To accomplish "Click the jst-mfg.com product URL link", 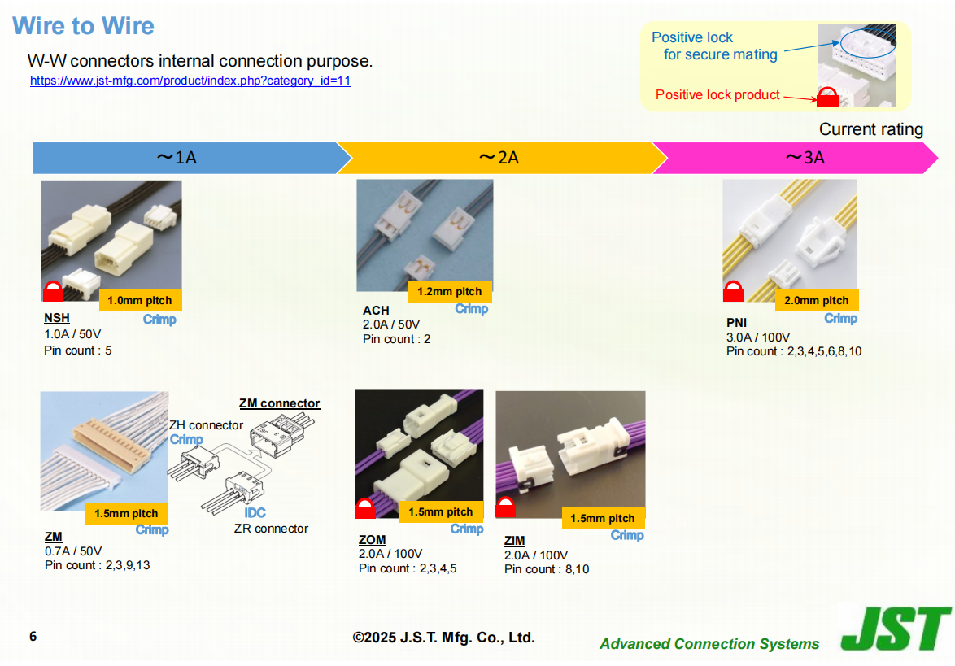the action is tap(190, 81).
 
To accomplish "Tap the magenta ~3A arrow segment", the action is tap(795, 158).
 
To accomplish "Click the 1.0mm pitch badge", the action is tap(140, 300).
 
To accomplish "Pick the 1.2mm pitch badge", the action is tap(450, 292).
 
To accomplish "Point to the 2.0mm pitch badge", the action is tap(816, 300).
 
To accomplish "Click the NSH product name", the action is tap(57, 318).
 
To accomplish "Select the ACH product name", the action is tap(376, 311).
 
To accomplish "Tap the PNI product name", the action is tap(736, 323).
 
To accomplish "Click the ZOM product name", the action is tap(372, 540).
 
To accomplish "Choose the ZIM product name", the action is tap(515, 541).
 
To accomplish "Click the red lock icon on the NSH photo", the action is tap(53, 291).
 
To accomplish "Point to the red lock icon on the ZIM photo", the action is tap(505, 507).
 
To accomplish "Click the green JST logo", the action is tap(896, 629).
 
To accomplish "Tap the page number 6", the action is tap(33, 636).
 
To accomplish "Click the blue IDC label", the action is tap(255, 512).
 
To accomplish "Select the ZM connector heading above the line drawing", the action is tap(280, 403).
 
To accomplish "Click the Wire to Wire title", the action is tap(84, 25).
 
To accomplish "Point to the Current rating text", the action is tap(871, 129).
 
